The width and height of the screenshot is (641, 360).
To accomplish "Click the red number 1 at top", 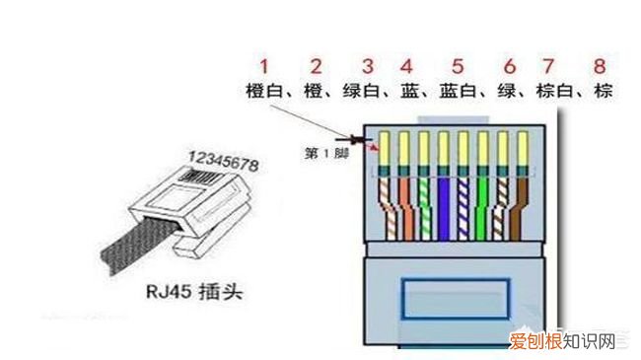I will (263, 67).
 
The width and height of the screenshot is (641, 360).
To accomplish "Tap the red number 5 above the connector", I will (458, 67).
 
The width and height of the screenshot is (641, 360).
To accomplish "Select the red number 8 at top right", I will (599, 67).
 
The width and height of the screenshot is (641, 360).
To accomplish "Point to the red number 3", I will (367, 67).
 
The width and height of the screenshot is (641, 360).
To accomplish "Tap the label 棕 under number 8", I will (601, 92).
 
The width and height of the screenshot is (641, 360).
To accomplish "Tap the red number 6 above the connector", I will (509, 67).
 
